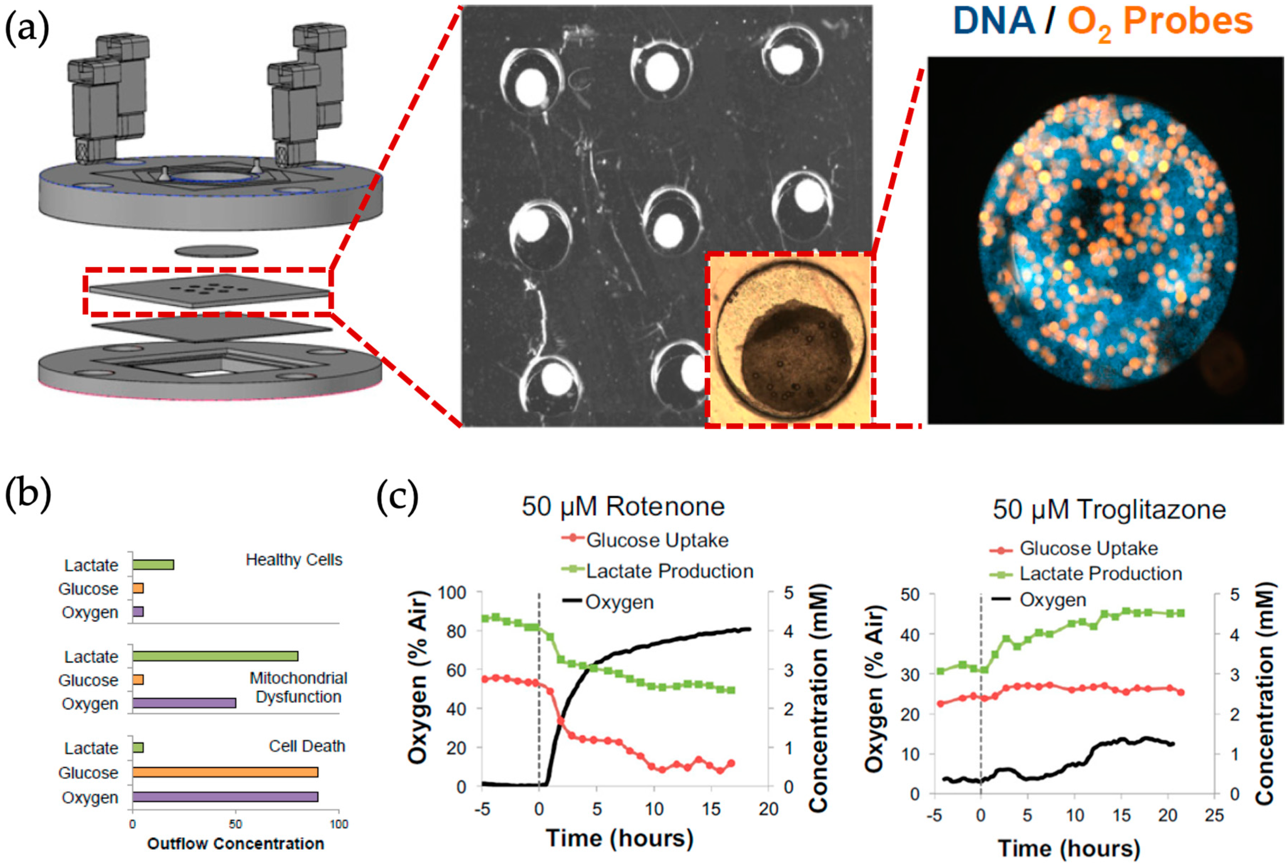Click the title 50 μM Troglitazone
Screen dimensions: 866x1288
[1109, 509]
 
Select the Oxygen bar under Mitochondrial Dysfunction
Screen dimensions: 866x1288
[184, 703]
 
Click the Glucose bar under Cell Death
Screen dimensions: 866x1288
[225, 772]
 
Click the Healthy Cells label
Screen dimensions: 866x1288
[294, 560]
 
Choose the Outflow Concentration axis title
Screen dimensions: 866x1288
[235, 844]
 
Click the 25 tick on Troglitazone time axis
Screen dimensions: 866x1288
[1214, 816]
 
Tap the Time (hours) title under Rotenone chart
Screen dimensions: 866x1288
[619, 838]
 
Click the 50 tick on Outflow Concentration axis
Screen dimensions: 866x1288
[235, 824]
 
